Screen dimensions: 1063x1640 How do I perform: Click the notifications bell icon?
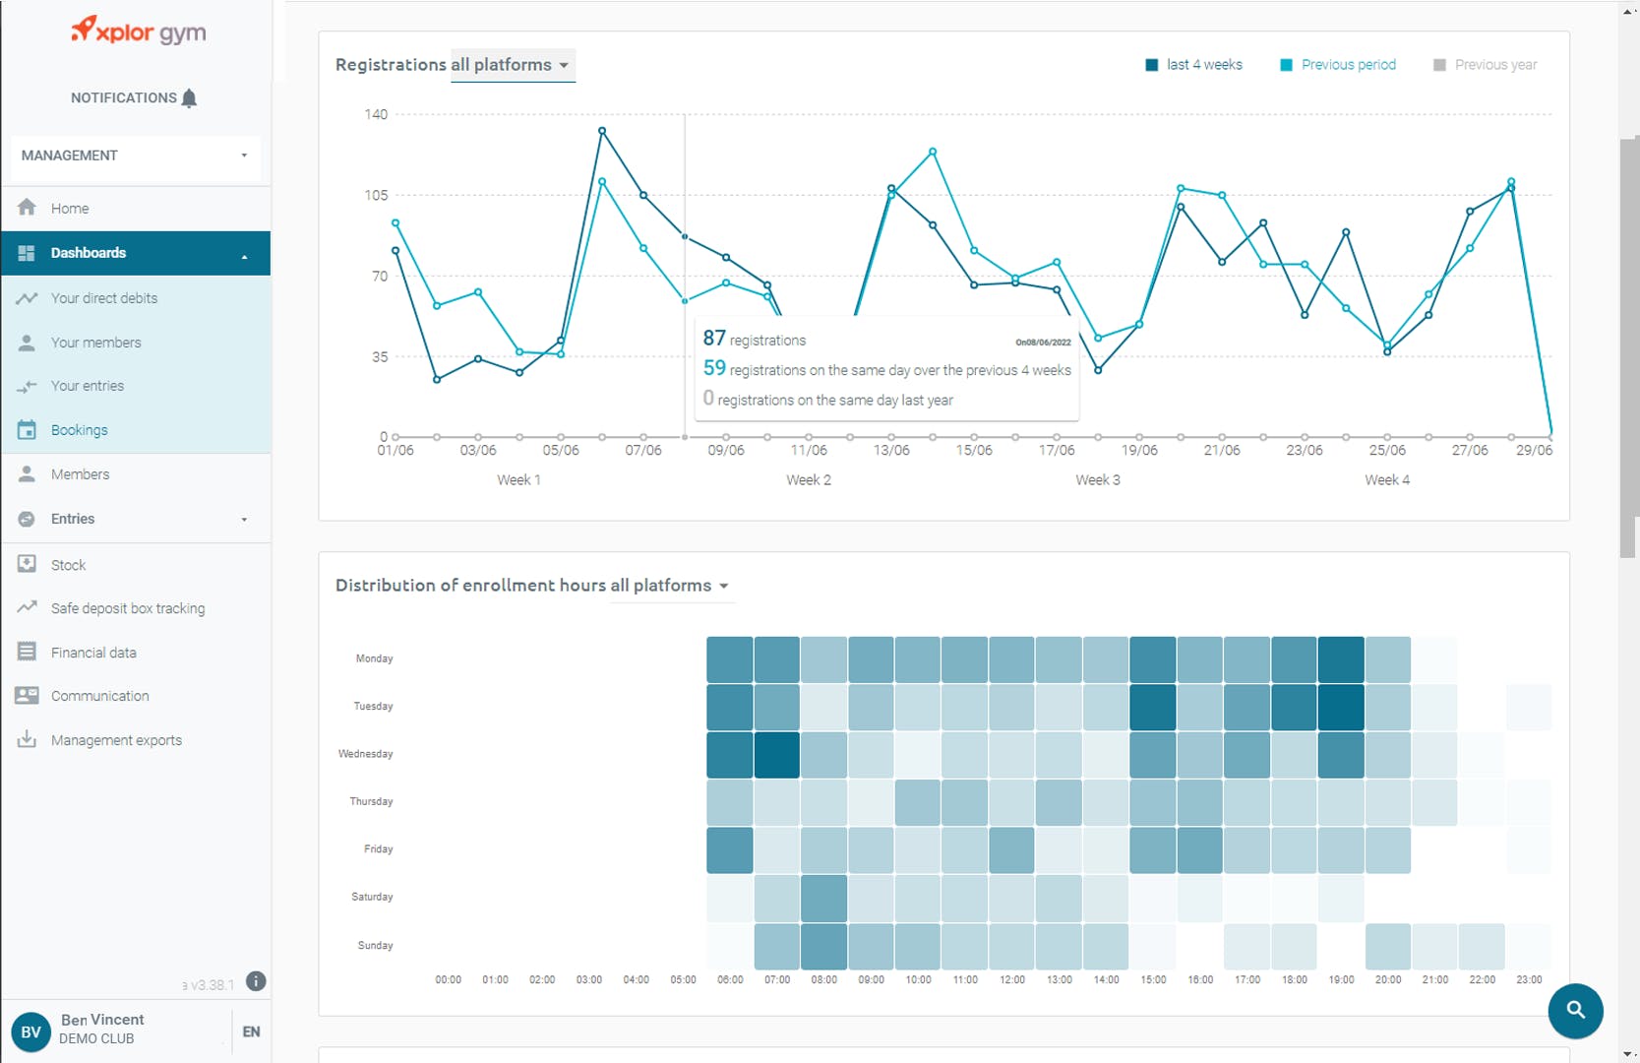(x=190, y=97)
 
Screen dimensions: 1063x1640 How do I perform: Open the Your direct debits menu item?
(x=103, y=298)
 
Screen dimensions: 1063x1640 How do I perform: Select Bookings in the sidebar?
(x=79, y=430)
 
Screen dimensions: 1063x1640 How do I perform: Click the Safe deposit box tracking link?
(x=128, y=608)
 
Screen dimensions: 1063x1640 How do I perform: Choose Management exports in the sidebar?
(x=116, y=740)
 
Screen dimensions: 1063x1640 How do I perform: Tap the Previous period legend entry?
(x=1347, y=65)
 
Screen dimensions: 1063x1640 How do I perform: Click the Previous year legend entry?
(x=1494, y=65)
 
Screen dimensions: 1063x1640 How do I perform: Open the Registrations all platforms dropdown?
(x=513, y=65)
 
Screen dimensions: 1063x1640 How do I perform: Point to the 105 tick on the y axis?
(x=376, y=195)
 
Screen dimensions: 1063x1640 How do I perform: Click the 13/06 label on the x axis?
(x=891, y=450)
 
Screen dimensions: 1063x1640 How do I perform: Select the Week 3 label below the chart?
(x=1097, y=479)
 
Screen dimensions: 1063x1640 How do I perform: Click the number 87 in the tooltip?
(x=714, y=339)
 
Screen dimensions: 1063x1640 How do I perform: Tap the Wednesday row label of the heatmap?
(x=365, y=754)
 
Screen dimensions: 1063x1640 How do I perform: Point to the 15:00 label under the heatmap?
(x=1153, y=979)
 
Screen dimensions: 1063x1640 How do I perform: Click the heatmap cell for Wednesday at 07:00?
(x=777, y=755)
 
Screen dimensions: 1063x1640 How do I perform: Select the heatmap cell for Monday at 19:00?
(x=1341, y=659)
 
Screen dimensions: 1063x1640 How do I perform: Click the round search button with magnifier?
(x=1575, y=1010)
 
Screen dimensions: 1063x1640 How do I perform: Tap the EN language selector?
(x=251, y=1032)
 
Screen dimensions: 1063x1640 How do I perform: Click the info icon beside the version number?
(x=256, y=981)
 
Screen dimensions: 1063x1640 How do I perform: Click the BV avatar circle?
(x=30, y=1032)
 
